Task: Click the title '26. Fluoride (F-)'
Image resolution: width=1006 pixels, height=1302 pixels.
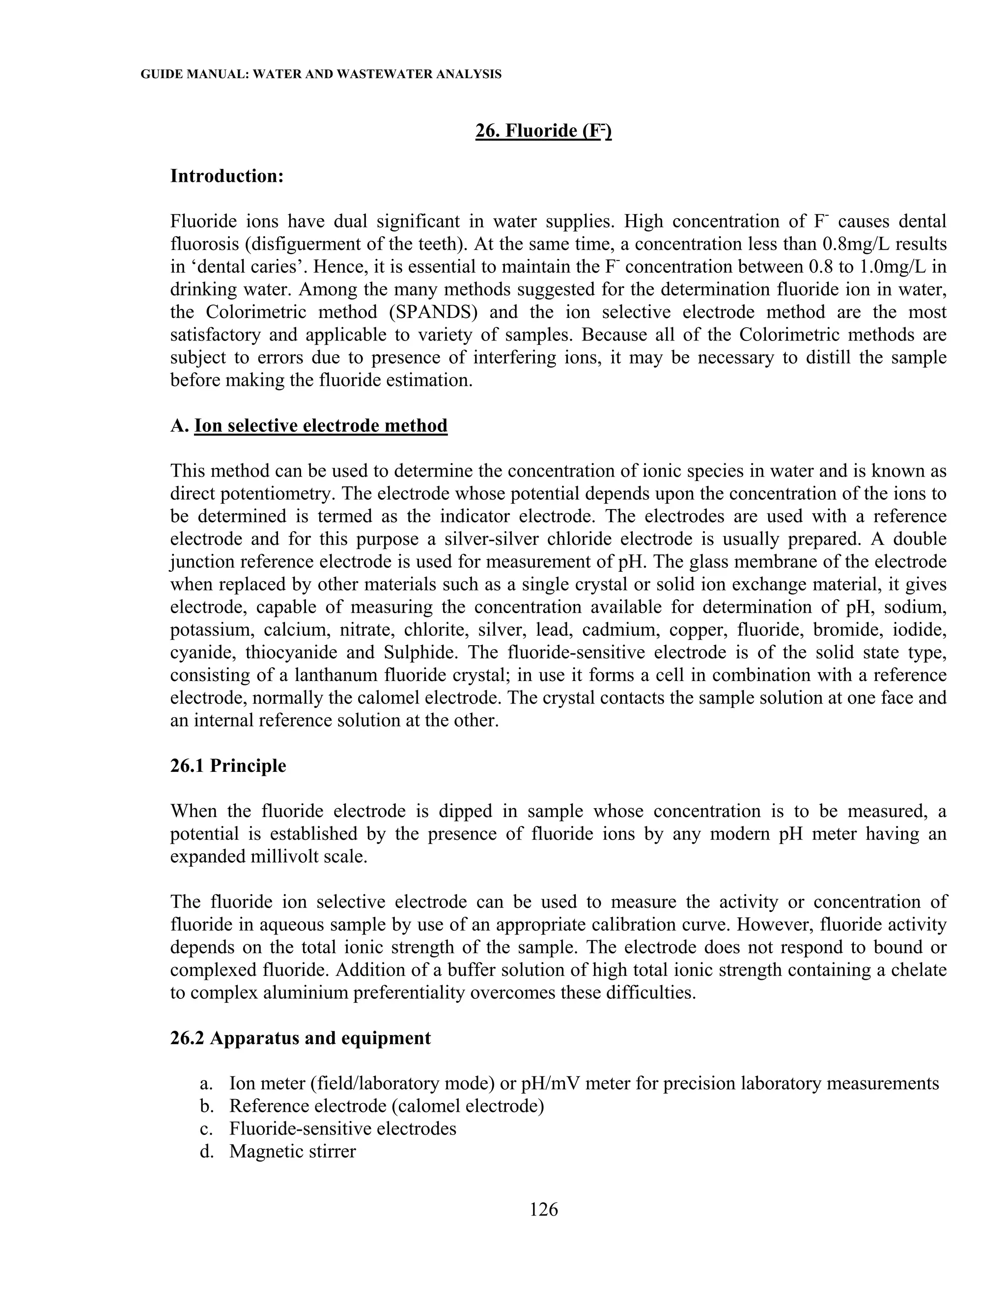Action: [x=544, y=131]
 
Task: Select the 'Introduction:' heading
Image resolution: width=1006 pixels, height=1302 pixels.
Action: [x=227, y=176]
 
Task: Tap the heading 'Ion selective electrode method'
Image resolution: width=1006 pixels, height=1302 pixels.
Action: [x=321, y=425]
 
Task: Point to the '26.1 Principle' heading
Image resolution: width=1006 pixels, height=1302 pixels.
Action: [x=228, y=766]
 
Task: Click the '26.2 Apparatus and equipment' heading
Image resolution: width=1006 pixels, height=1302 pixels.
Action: [x=300, y=1038]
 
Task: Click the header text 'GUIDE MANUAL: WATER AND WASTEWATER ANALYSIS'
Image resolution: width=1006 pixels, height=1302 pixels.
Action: [x=321, y=75]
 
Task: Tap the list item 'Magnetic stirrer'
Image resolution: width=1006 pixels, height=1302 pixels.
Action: [x=292, y=1151]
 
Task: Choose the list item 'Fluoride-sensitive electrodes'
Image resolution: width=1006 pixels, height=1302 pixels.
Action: [x=343, y=1129]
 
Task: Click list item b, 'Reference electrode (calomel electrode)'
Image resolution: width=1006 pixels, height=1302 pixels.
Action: [x=386, y=1106]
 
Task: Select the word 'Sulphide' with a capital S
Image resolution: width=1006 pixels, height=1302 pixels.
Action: [x=416, y=653]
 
